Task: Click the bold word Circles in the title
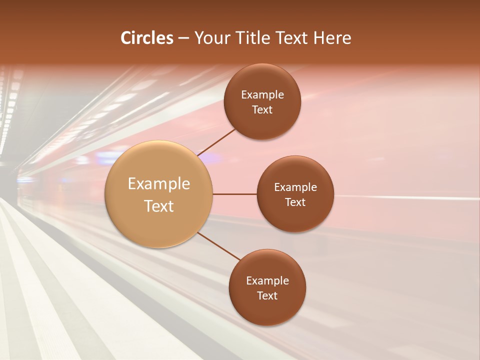click(147, 38)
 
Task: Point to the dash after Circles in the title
click(183, 38)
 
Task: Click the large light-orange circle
click(159, 225)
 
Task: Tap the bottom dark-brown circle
click(267, 310)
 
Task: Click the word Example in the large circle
click(159, 184)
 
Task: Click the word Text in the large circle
click(159, 206)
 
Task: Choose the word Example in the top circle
click(262, 95)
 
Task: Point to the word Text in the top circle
click(262, 110)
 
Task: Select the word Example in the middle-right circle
click(295, 187)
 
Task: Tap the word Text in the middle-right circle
click(295, 202)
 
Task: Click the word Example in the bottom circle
click(267, 281)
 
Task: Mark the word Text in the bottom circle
click(267, 296)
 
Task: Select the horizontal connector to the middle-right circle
click(235, 194)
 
